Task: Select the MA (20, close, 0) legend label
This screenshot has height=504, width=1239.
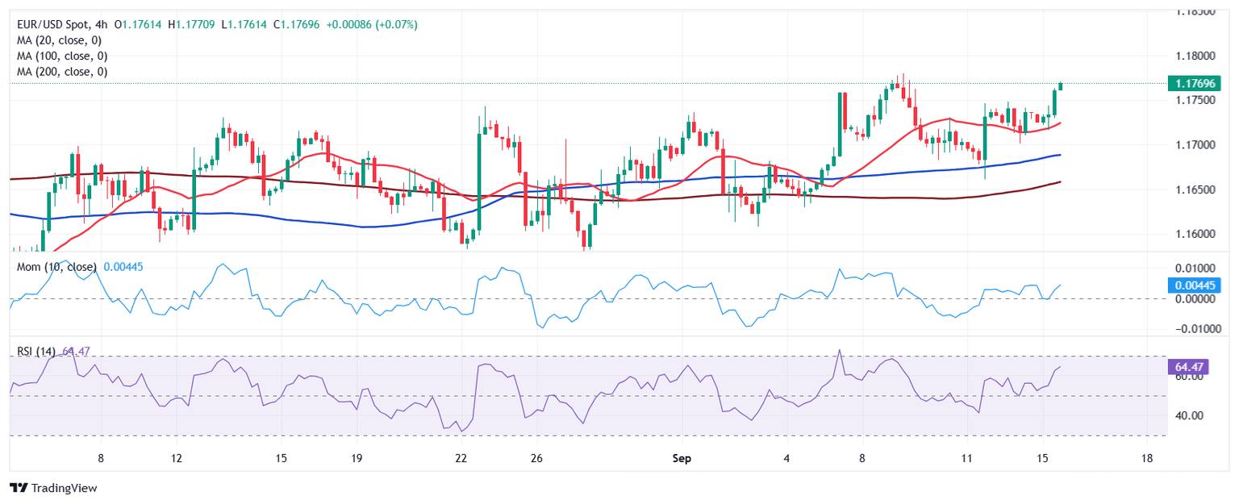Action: click(x=62, y=40)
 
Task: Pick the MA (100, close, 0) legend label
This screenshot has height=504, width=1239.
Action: click(x=62, y=56)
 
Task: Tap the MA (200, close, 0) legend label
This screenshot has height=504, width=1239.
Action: click(x=62, y=72)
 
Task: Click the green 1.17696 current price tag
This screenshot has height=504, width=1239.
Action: click(x=1195, y=84)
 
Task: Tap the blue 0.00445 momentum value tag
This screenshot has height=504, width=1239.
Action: click(x=1195, y=285)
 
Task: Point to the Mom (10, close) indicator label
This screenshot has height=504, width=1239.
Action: click(x=56, y=267)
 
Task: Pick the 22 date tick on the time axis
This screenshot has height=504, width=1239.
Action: click(x=461, y=458)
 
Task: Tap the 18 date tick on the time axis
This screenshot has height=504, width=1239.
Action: click(x=1147, y=458)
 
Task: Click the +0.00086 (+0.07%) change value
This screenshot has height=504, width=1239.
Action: click(x=372, y=25)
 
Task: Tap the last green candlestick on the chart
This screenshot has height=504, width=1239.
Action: click(x=1061, y=85)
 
